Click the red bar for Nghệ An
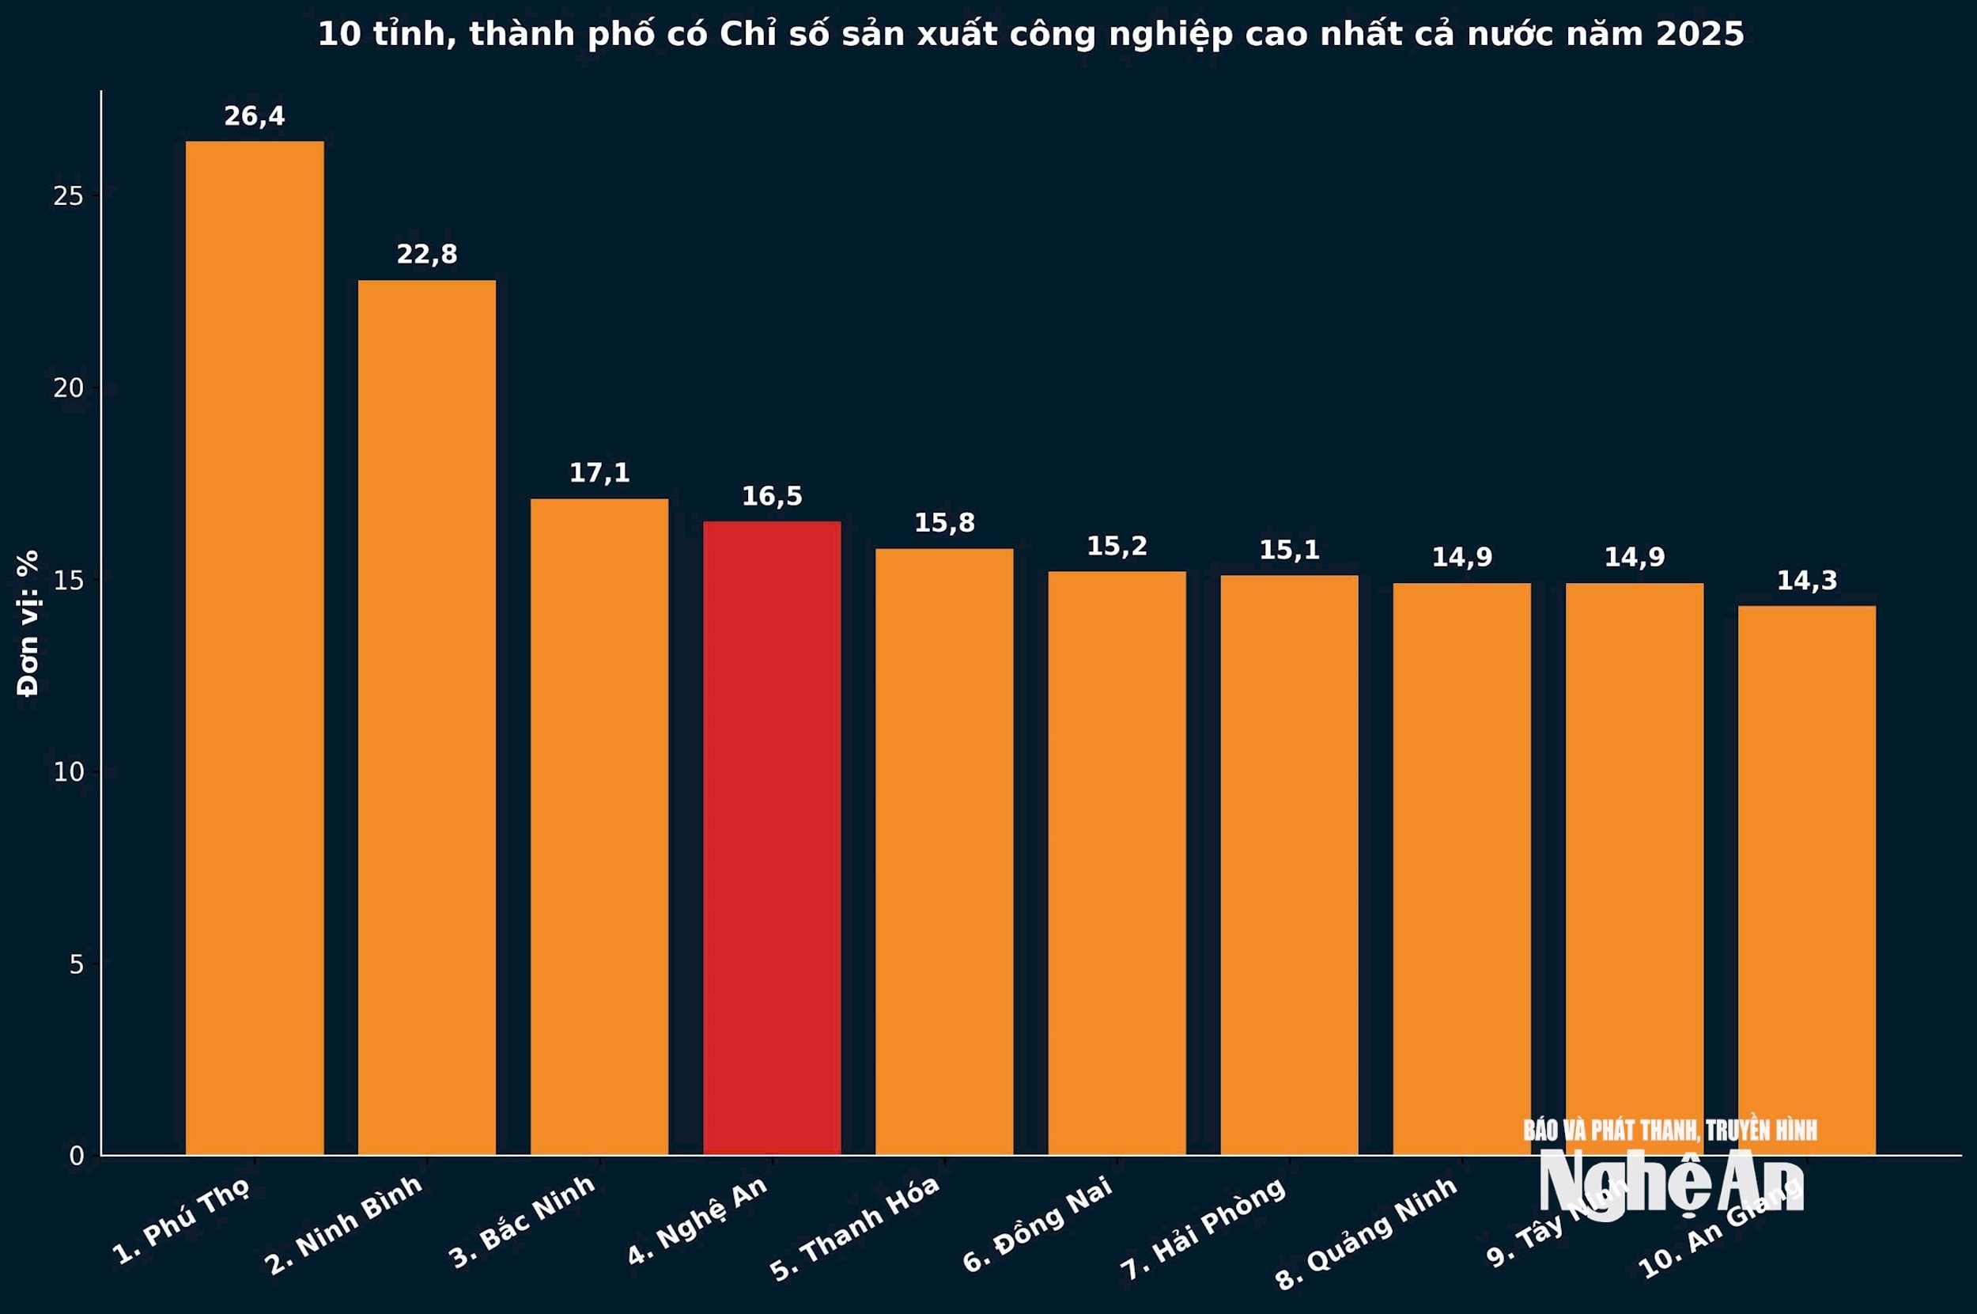(x=772, y=838)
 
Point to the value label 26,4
(x=255, y=116)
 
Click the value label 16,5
(x=772, y=496)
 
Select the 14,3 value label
(x=1807, y=580)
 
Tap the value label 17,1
(x=599, y=472)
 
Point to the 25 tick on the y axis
(x=69, y=196)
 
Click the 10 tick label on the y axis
(x=69, y=772)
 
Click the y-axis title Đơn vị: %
(x=28, y=623)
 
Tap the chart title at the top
(x=1030, y=34)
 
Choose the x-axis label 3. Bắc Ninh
(x=522, y=1221)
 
